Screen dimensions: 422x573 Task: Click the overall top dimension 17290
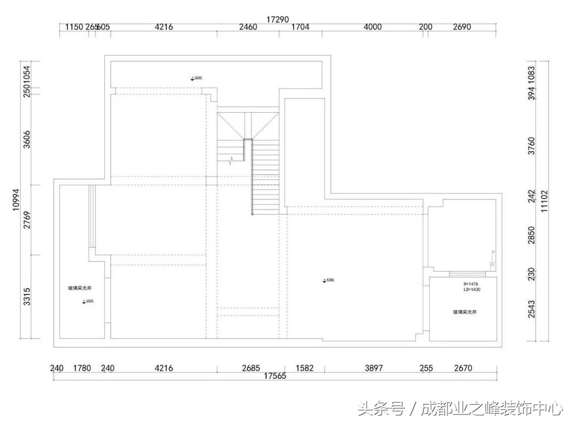[277, 20]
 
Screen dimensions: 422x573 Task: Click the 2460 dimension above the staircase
[248, 27]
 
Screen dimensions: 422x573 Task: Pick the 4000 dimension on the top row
[373, 27]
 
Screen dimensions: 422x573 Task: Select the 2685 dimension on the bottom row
[251, 368]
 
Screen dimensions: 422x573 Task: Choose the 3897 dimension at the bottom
[374, 368]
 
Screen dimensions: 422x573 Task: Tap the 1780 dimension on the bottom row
[82, 368]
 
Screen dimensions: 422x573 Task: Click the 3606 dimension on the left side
[27, 139]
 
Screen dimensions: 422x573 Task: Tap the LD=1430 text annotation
[472, 290]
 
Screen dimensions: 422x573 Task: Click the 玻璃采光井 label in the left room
[79, 288]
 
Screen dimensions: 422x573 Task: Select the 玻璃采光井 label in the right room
[465, 312]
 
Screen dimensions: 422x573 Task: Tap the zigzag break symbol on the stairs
[232, 160]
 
